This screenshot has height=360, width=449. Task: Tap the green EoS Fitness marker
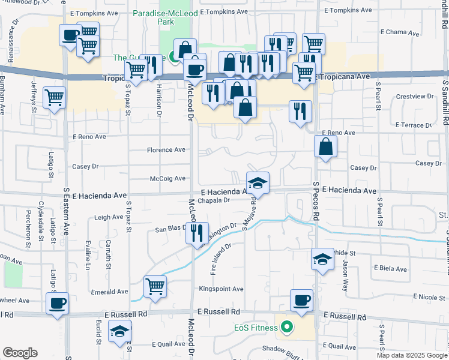coord(287,328)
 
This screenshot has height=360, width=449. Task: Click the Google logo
coord(20,353)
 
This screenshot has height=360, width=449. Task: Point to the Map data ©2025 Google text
coord(411,355)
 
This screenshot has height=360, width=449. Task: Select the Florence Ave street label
coord(167,150)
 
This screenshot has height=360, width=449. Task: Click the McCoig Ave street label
coord(167,178)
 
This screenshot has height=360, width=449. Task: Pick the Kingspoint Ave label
coord(221,289)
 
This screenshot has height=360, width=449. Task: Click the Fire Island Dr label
coord(221,259)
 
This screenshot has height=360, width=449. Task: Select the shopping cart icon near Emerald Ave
coord(155,286)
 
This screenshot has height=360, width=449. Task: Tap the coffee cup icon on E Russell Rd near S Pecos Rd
coord(301,301)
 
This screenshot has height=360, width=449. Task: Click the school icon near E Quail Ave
coord(120,331)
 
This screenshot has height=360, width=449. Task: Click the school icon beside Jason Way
coord(322,259)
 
